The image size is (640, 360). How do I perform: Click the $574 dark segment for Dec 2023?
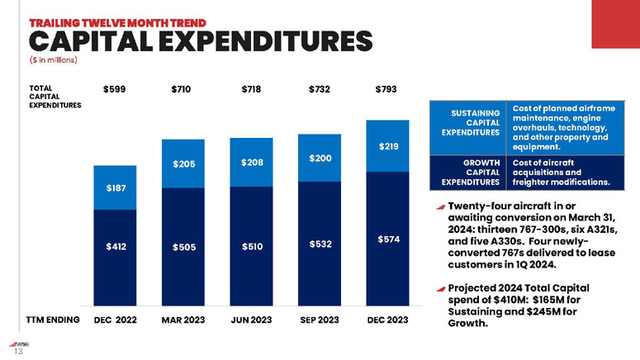388,239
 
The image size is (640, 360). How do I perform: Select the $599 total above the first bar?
113,88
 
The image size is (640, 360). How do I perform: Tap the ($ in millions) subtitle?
54,59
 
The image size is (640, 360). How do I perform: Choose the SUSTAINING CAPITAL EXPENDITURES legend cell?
470,122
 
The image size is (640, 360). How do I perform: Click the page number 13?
16,350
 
